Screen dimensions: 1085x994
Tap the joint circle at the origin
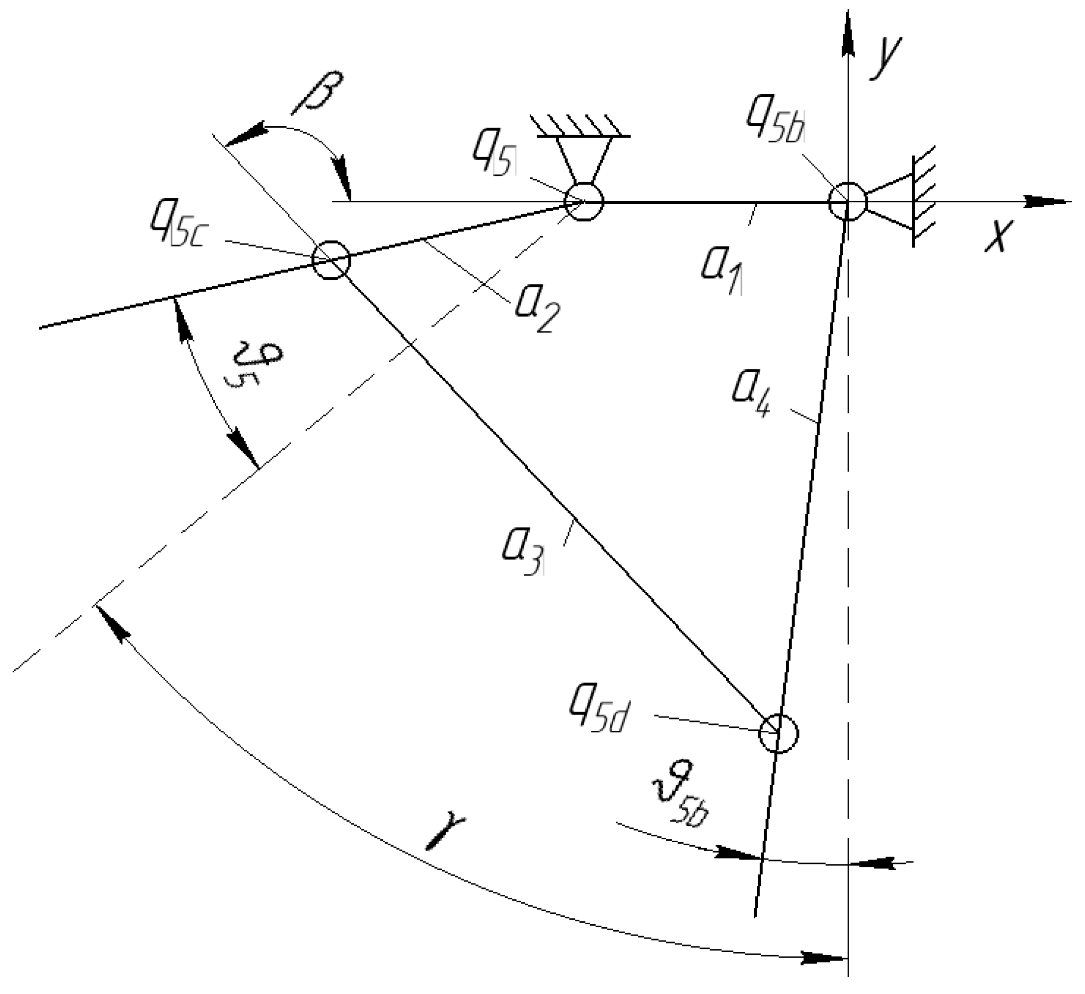[x=848, y=202]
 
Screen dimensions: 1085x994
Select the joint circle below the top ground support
[x=584, y=202]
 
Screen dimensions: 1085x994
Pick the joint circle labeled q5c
[x=331, y=260]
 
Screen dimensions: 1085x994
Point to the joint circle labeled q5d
[x=778, y=733]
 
